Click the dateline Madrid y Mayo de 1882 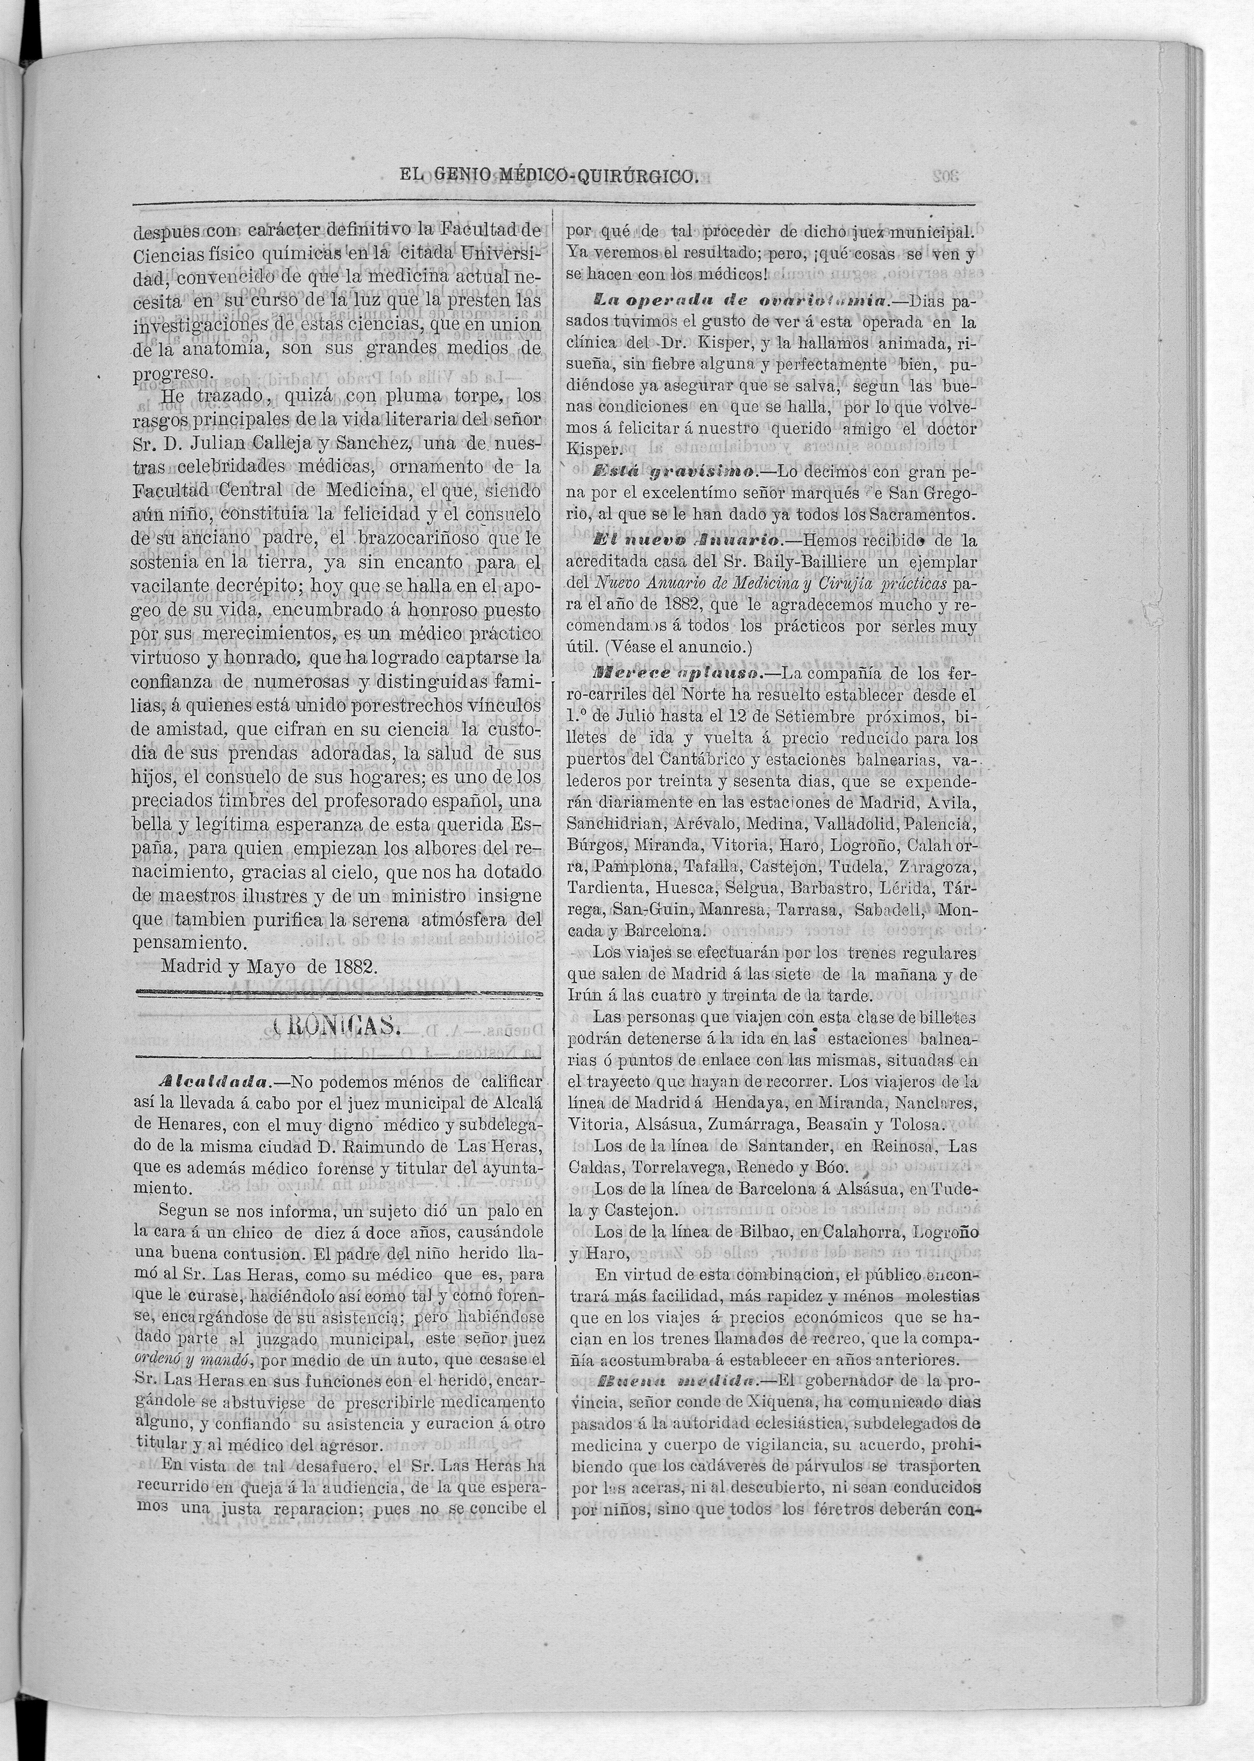(x=269, y=967)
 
